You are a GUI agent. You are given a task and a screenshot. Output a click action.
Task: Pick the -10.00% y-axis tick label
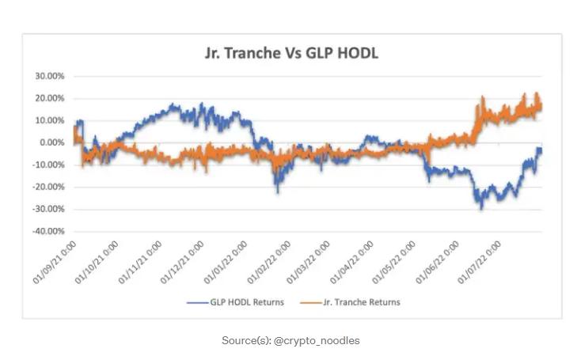pos(47,165)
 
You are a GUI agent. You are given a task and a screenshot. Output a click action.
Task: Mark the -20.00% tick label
pos(47,187)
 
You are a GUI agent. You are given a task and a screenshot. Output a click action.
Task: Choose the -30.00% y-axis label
pos(47,209)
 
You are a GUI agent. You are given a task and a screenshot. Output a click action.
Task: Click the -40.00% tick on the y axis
pos(47,231)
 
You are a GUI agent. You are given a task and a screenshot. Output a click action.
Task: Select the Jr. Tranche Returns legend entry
pos(359,302)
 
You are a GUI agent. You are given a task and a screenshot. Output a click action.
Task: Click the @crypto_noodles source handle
pos(317,340)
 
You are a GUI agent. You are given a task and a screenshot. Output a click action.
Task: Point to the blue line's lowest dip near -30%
pos(480,207)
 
